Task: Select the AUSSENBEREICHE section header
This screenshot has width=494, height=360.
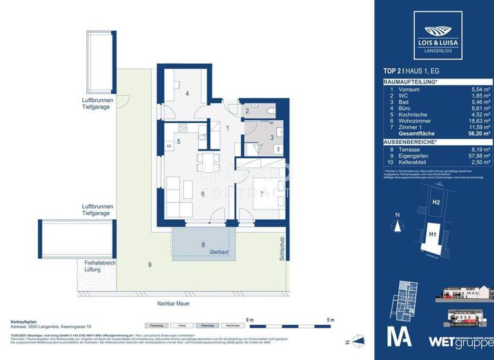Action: pyautogui.click(x=411, y=140)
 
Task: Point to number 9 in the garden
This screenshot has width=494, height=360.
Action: pyautogui.click(x=149, y=264)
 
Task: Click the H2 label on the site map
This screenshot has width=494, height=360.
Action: pyautogui.click(x=435, y=203)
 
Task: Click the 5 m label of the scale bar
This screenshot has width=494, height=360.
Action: pyautogui.click(x=331, y=319)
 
